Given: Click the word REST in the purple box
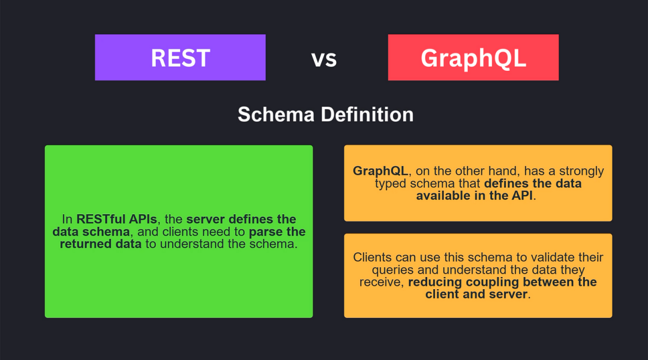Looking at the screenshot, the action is coord(180,58).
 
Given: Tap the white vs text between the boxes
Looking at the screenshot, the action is coord(324,59).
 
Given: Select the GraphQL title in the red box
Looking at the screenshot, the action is coord(473,58).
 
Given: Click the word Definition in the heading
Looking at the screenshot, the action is coord(367,115).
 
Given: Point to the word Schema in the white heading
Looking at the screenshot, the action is coord(276,115).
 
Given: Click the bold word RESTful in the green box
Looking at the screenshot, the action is coord(101,219).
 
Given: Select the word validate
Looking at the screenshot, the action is coord(553,257).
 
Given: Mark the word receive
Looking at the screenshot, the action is coord(380,282).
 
